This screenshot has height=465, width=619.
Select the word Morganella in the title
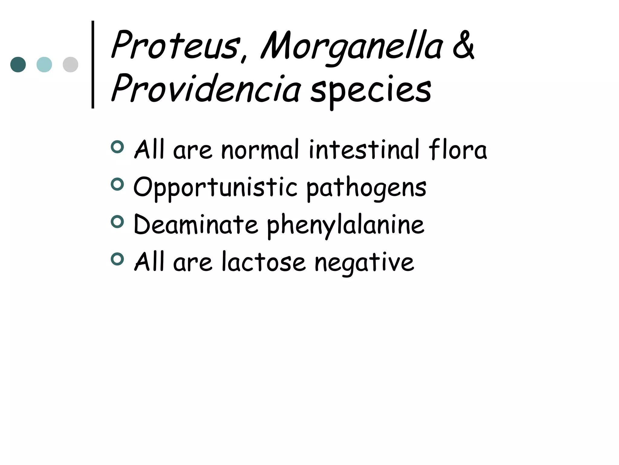(x=352, y=47)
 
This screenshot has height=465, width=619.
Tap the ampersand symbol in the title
(x=463, y=45)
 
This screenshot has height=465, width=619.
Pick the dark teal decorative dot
(x=18, y=64)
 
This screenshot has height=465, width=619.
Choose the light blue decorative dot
(x=44, y=64)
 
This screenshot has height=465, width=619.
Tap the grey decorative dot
(x=70, y=64)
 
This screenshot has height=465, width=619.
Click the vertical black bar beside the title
(x=93, y=64)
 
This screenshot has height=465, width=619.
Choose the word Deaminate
(x=196, y=225)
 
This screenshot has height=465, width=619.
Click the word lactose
(x=263, y=262)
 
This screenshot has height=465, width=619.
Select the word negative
(x=364, y=262)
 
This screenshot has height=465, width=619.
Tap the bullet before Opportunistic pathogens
(x=117, y=184)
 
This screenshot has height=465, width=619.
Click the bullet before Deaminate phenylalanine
(x=117, y=222)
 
